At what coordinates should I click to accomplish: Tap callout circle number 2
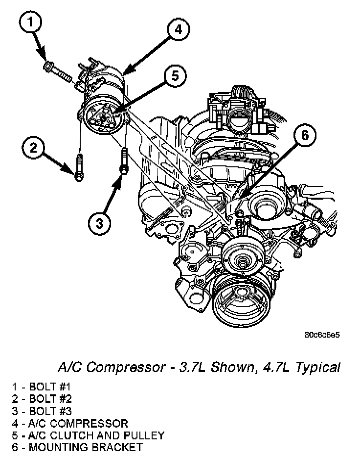coord(34,147)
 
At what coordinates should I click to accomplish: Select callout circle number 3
coord(99,223)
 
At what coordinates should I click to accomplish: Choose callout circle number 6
coord(304,136)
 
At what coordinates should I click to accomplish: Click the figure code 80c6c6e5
coord(321,335)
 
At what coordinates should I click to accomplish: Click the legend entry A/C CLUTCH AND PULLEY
coord(88,435)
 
